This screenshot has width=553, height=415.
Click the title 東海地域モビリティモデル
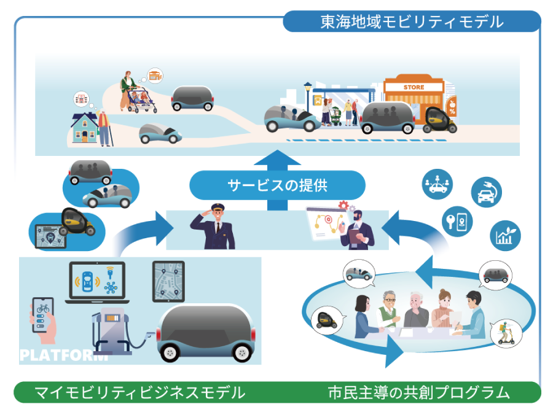(x=412, y=22)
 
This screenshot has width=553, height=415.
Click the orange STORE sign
(x=414, y=87)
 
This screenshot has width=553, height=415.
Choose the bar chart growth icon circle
(x=505, y=236)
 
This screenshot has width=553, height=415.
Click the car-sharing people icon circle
(x=437, y=184)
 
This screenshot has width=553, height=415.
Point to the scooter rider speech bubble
(x=506, y=332)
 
